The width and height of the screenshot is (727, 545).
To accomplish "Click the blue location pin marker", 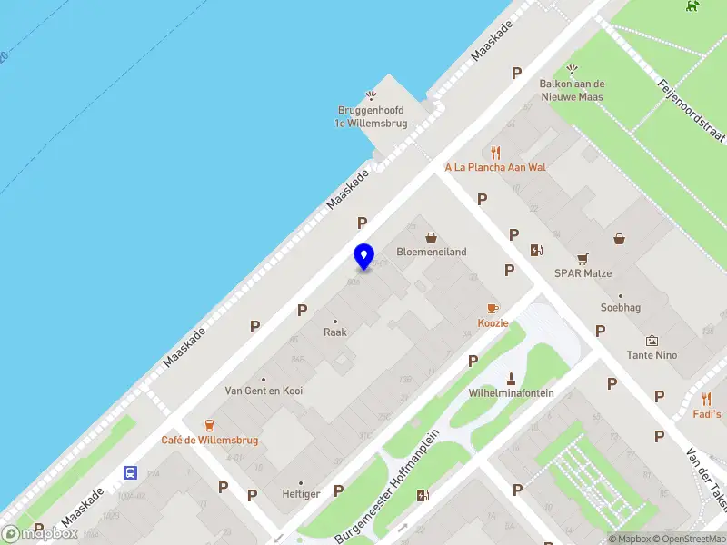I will [363, 257].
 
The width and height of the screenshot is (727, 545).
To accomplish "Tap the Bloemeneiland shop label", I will [432, 252].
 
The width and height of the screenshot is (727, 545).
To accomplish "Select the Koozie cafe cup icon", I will [493, 309].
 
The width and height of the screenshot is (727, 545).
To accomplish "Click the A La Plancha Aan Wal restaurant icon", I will [495, 152].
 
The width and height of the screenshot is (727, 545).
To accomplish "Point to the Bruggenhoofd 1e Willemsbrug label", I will [370, 116].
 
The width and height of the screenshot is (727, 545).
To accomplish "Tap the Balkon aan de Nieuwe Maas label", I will [572, 90].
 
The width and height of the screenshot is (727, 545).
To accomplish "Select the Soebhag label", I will [620, 307].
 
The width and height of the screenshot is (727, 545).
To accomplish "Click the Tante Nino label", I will [652, 354].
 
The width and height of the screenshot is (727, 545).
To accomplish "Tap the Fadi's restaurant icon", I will [707, 399].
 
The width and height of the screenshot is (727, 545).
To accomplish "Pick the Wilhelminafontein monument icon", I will [511, 378].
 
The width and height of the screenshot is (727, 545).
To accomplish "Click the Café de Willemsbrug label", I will [210, 440].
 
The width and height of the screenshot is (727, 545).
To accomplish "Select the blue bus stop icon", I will [131, 472].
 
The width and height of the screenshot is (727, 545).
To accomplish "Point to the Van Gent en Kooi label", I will [264, 391].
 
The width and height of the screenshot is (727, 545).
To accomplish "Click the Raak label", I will [335, 332].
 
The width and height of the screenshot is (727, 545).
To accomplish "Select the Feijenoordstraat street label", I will [692, 110].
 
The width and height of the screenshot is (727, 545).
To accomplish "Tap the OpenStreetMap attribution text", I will [686, 539].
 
